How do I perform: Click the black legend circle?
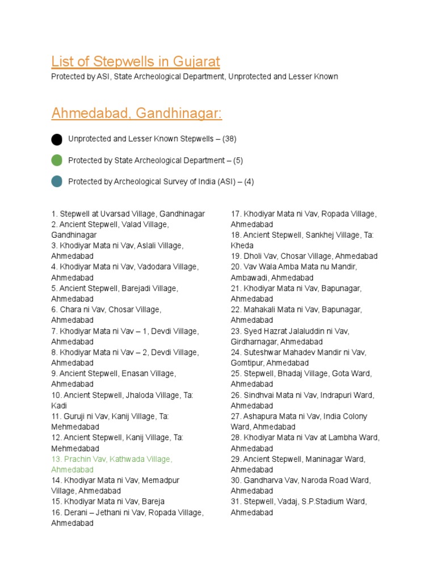coord(57,139)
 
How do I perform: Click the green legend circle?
coord(57,161)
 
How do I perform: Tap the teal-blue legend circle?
coord(57,182)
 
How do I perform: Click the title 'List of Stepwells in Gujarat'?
coord(136,61)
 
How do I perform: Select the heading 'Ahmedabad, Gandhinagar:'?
coord(137,113)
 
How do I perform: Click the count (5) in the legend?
coord(237,161)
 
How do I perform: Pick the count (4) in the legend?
coord(248,182)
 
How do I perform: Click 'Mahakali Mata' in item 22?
coord(269,310)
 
